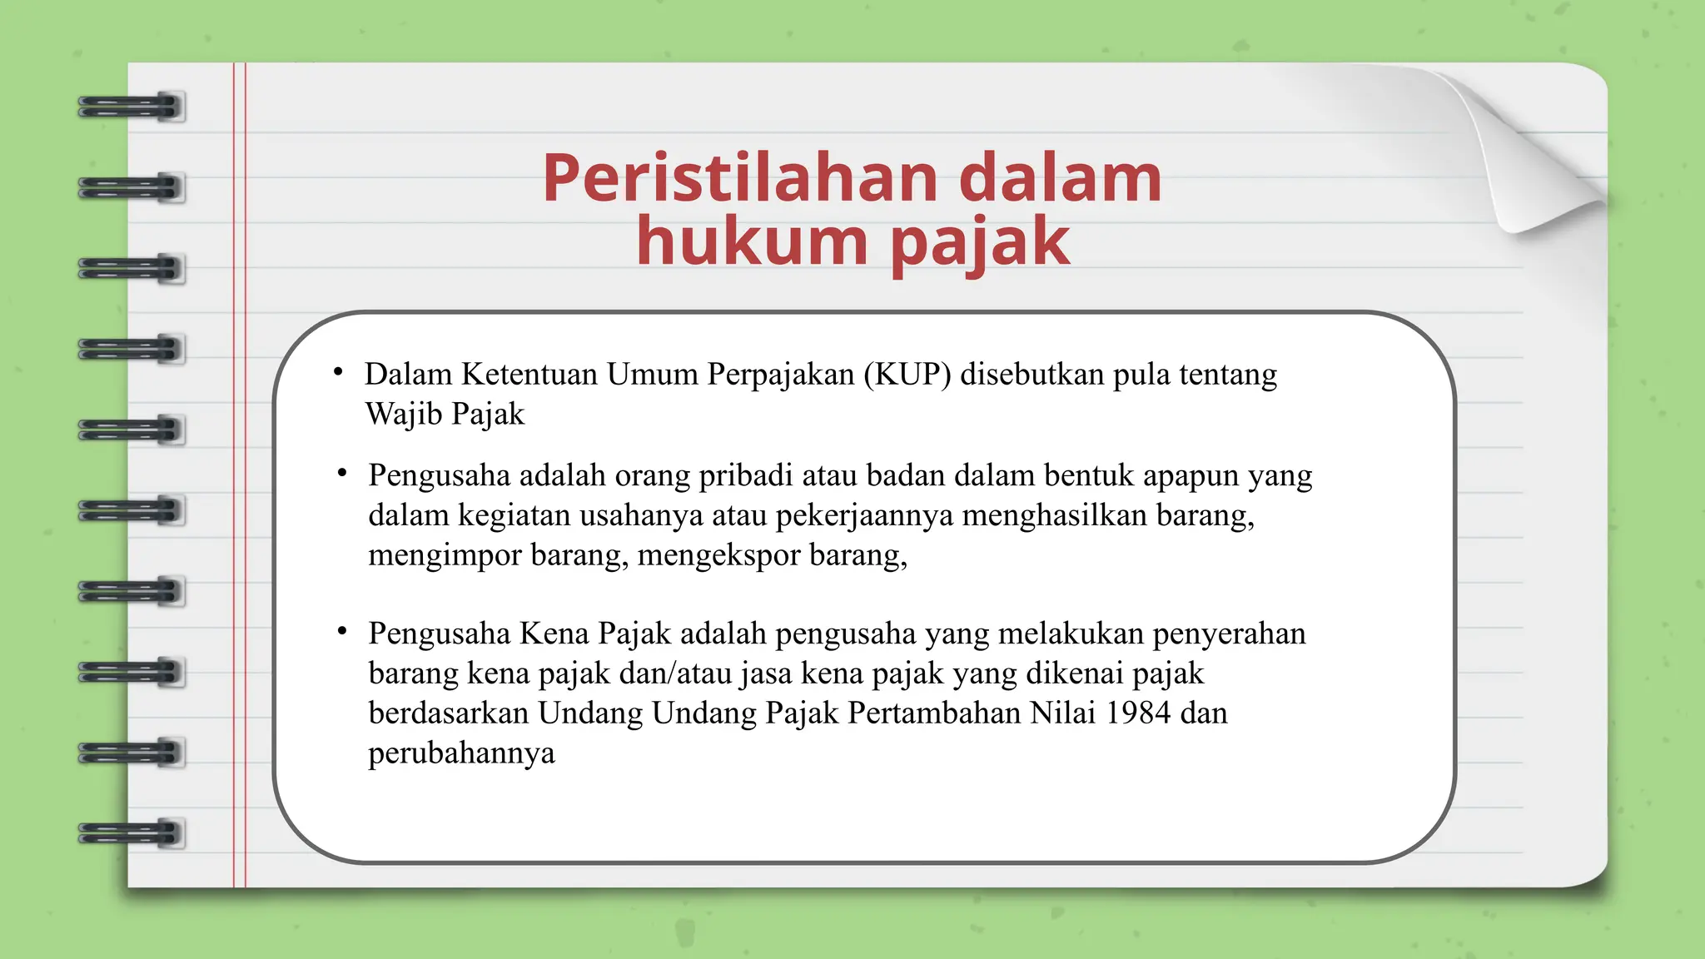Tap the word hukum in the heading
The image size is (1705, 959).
(x=752, y=241)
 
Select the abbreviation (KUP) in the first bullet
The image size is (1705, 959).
(x=907, y=375)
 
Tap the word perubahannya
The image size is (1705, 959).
(x=461, y=753)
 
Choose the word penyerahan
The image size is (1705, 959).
(x=1229, y=634)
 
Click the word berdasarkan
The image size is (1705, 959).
(x=448, y=713)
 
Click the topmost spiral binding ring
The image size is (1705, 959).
(x=131, y=107)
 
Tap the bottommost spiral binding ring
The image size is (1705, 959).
(x=131, y=833)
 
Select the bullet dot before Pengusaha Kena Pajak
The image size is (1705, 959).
(x=342, y=631)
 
